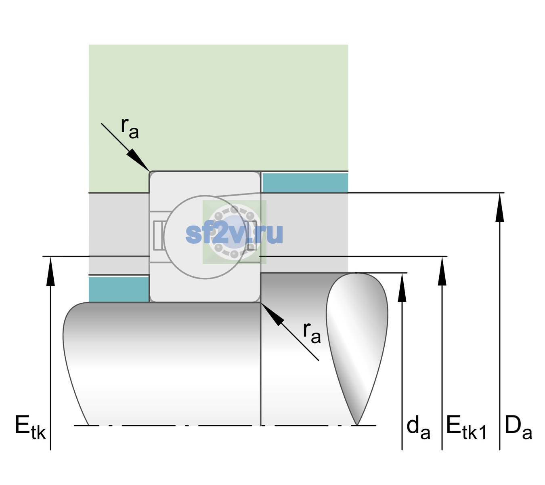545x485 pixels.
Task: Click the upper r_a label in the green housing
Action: [x=130, y=128]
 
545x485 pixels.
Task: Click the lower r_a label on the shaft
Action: [x=312, y=333]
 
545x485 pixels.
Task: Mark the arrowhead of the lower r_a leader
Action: [x=272, y=314]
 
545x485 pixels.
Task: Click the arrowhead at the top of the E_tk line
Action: [x=50, y=271]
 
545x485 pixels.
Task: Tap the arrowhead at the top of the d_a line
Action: [x=402, y=287]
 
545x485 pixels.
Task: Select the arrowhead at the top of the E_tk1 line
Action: [x=442, y=271]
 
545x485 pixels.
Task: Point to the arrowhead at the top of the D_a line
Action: [x=499, y=208]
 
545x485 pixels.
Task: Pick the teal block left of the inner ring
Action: [x=119, y=289]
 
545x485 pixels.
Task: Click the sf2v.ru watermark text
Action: [x=234, y=233]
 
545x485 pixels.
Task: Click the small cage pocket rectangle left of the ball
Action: [x=157, y=235]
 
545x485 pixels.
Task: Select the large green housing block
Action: [x=218, y=108]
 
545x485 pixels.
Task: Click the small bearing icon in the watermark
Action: [x=234, y=232]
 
